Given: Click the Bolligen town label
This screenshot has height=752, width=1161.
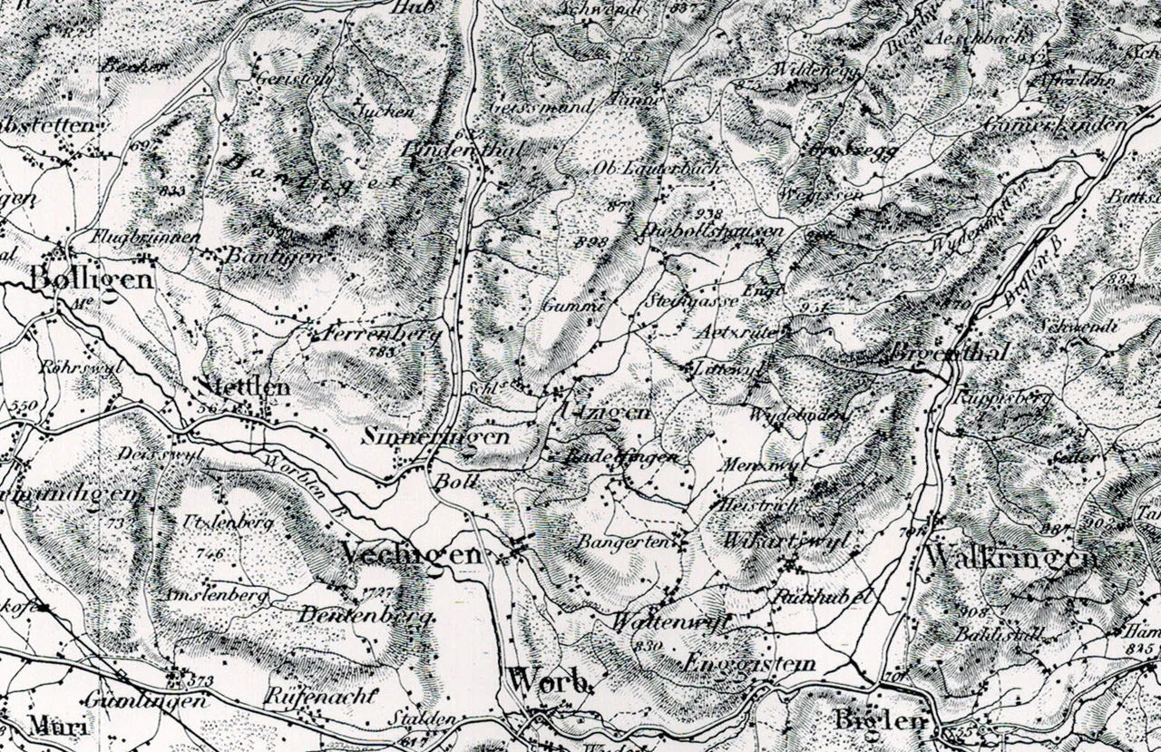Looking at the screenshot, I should click(x=91, y=278).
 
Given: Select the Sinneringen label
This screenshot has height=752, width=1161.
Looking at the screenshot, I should click(x=435, y=436).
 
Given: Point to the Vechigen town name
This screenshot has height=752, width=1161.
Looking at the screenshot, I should click(x=410, y=554).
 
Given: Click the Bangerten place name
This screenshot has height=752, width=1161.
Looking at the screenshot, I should click(x=633, y=542).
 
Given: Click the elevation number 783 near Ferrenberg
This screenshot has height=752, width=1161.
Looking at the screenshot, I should click(x=383, y=349).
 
